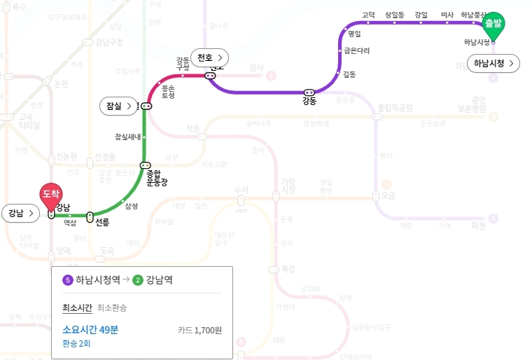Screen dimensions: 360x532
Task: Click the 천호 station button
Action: (210, 57)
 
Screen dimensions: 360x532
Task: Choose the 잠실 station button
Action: (118, 106)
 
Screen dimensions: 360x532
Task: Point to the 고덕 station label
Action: (368, 15)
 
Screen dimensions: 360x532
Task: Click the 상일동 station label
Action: (395, 15)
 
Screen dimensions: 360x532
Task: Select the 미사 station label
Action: (447, 15)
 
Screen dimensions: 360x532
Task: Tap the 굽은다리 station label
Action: (356, 50)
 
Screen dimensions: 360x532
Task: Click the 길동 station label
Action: (349, 74)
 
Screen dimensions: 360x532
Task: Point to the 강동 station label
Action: (309, 102)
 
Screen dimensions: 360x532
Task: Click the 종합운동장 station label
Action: (156, 178)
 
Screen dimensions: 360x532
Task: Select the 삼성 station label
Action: (131, 206)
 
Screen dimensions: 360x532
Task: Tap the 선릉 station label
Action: (102, 222)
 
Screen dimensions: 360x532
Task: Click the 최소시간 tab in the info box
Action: (77, 307)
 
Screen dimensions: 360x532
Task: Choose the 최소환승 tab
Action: (112, 307)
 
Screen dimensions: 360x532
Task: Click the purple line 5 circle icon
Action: (68, 279)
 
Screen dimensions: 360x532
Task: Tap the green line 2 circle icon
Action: (138, 279)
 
